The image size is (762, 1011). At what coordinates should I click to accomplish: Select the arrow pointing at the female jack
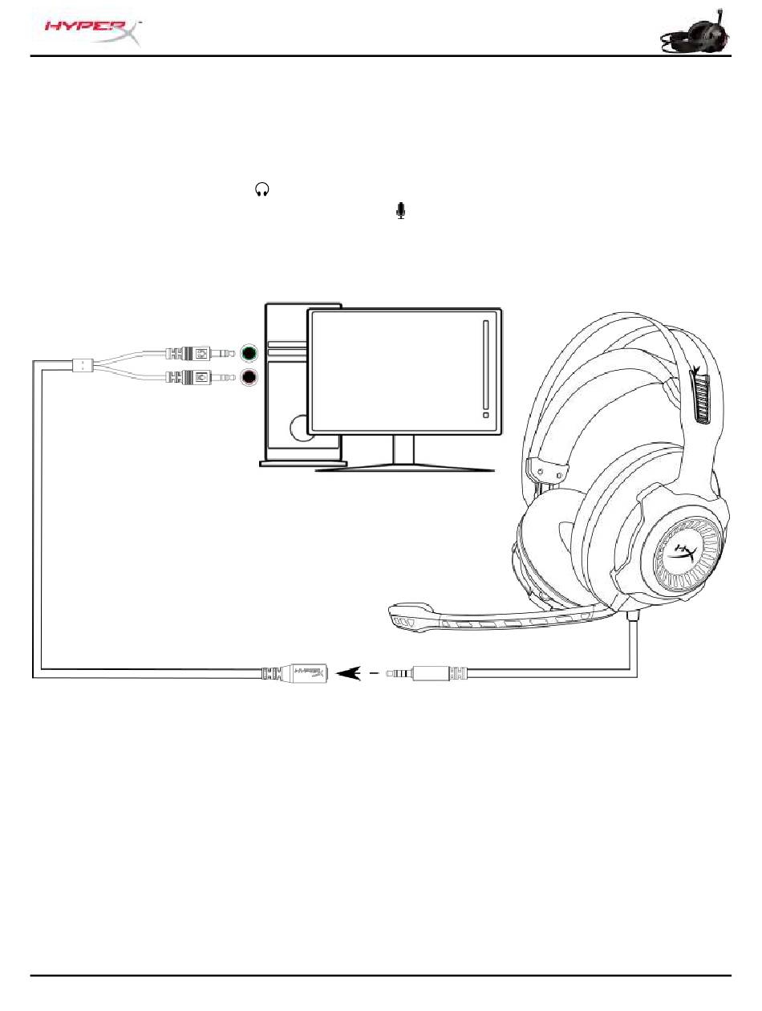click(350, 672)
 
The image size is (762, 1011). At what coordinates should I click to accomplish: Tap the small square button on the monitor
click(485, 416)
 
